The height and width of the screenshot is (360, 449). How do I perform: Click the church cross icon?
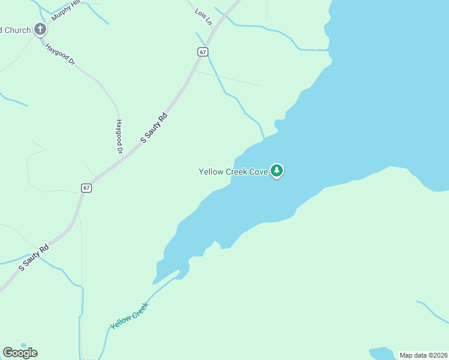click(x=40, y=29)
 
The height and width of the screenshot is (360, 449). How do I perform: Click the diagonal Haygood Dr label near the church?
click(x=59, y=53)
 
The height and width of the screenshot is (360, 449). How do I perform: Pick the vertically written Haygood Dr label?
click(x=119, y=135)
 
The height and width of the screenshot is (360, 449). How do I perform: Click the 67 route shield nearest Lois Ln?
click(x=203, y=52)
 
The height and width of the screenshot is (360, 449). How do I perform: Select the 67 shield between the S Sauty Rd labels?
click(x=87, y=188)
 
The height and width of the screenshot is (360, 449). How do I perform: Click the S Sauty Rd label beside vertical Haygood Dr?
click(x=153, y=127)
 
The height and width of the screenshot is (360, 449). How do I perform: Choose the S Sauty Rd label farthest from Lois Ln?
click(x=33, y=258)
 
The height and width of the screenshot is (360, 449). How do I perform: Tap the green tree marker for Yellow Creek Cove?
click(x=276, y=172)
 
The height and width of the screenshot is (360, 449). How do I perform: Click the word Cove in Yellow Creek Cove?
click(x=258, y=172)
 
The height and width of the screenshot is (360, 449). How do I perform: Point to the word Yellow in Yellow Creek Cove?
click(x=211, y=172)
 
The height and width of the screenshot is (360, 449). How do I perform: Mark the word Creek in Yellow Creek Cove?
click(x=237, y=172)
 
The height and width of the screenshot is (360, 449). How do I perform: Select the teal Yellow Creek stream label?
click(x=129, y=316)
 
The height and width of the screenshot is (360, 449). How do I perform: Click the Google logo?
click(x=20, y=353)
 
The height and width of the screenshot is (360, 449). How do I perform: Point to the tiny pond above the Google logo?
click(x=23, y=345)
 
